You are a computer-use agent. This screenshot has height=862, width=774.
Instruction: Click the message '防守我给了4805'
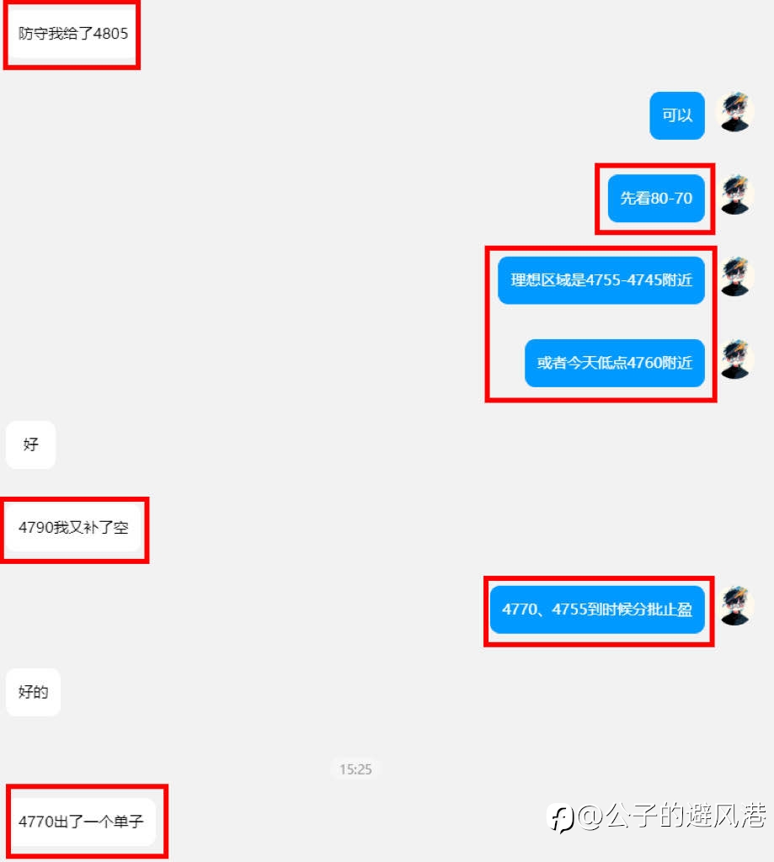tap(73, 35)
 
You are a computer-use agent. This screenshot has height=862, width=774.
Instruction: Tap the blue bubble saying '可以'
tap(677, 115)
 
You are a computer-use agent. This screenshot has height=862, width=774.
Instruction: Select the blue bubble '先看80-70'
tap(656, 199)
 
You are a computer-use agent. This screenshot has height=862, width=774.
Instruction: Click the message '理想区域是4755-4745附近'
tap(601, 280)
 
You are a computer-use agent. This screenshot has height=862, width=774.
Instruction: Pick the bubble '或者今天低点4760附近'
tap(615, 363)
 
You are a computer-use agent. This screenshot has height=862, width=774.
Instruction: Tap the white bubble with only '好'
tap(31, 444)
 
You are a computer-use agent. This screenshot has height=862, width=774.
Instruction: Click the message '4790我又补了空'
tap(73, 528)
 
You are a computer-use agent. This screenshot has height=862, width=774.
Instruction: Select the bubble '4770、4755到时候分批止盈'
tap(597, 609)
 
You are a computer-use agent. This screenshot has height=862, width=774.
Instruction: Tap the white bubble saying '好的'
tap(34, 692)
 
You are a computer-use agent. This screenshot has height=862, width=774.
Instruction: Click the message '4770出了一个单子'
tap(81, 822)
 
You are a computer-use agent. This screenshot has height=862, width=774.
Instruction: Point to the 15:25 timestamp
tap(355, 769)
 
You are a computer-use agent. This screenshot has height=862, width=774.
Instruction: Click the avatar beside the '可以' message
tap(734, 113)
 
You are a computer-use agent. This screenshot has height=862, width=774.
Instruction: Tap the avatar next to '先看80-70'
tap(734, 195)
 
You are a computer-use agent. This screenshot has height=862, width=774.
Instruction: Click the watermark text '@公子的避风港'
tap(672, 816)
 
